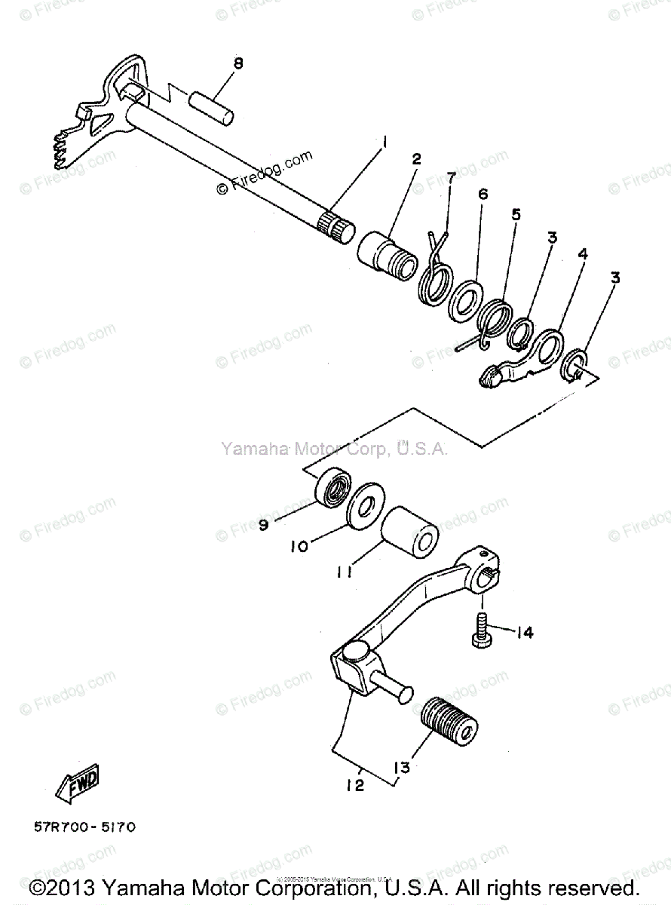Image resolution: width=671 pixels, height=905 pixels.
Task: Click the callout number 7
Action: (451, 177)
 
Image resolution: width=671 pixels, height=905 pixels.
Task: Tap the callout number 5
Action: (516, 214)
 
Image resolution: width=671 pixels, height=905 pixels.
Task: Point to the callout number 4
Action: (582, 255)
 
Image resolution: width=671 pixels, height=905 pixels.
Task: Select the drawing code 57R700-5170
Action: (84, 827)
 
